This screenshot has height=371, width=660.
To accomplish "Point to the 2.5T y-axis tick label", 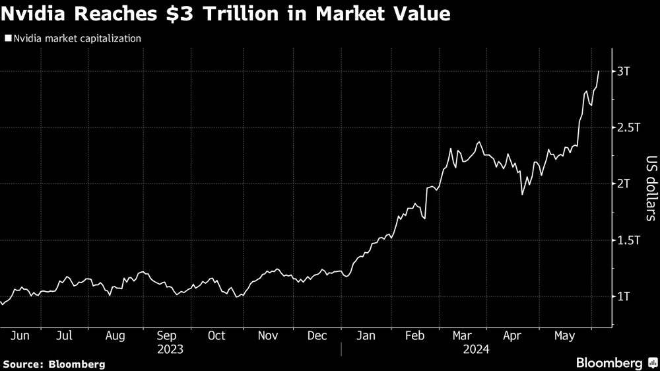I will coord(628,127).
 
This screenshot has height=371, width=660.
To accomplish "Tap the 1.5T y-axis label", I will coord(628,240).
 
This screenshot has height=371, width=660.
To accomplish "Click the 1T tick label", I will coord(624,296).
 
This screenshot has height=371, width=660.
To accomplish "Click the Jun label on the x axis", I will coord(20,335).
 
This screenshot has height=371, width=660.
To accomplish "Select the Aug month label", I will coord(115,335).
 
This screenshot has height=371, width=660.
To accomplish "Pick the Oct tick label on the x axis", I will coord(216,335).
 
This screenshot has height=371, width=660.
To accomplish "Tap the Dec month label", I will coord(317,335).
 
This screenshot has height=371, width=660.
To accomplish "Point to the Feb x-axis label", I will coord(414,335).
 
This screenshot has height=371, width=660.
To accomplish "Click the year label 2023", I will coord(170,349).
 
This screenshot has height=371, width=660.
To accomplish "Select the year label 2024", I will coord(477,349).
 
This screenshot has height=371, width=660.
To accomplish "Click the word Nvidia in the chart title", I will coord(42,14).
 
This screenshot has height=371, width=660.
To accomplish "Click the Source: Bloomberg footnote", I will coord(53,364).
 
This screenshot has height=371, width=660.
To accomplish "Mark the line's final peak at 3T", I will coord(598,71).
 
